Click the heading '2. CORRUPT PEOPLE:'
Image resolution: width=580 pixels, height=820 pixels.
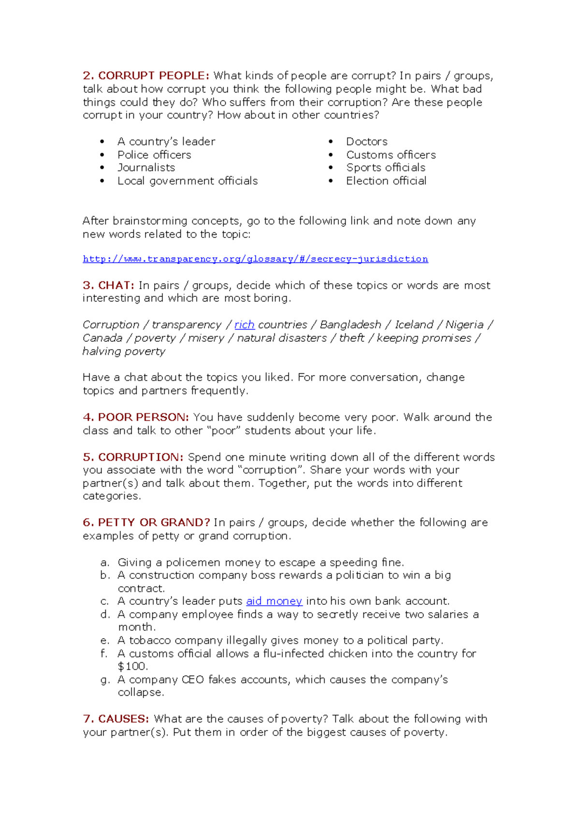(146, 76)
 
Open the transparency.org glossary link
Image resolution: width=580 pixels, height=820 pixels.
(255, 259)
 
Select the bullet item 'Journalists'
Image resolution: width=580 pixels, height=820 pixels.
(146, 168)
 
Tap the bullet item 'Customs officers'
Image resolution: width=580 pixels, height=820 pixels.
(391, 155)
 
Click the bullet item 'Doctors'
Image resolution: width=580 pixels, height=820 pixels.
(366, 142)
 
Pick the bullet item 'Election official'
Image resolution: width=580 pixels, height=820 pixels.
(386, 181)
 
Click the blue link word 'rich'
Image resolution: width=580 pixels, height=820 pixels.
(244, 325)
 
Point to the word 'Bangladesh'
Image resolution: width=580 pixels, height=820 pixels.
(350, 325)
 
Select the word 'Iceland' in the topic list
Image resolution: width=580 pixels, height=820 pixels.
(414, 325)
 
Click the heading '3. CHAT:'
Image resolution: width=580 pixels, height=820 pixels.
(108, 285)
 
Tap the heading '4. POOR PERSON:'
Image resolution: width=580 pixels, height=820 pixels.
(136, 417)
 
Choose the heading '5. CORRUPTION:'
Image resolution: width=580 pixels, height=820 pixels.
(133, 457)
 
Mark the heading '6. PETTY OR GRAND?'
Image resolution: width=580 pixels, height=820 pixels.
(146, 523)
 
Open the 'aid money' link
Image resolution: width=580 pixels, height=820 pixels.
(274, 601)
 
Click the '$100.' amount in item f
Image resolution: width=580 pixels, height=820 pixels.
(132, 666)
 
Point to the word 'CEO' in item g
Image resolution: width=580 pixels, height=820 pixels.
(193, 680)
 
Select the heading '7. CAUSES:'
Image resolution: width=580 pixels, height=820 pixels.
(116, 719)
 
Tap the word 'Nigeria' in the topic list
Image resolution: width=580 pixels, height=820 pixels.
(464, 325)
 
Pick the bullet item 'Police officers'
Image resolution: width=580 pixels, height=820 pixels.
(154, 155)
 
